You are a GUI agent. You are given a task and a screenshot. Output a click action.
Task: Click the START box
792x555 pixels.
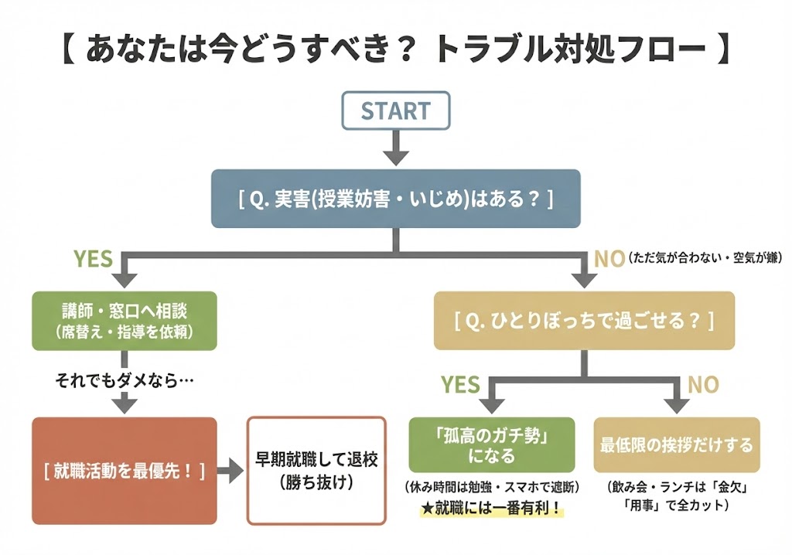pos(395,111)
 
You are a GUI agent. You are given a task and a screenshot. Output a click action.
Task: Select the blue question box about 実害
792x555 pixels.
pos(395,199)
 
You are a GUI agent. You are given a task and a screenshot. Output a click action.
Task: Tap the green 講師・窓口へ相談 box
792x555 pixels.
pos(124,320)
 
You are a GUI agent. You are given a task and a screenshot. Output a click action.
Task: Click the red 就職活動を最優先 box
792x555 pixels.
pos(124,471)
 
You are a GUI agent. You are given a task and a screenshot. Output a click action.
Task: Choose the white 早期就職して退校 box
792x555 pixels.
pos(316,471)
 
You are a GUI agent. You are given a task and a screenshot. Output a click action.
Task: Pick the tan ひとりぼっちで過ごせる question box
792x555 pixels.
pos(584,320)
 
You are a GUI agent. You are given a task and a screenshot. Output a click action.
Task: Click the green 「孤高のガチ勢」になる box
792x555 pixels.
pos(491,445)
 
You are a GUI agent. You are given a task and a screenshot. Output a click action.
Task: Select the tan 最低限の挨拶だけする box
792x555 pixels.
pos(677,445)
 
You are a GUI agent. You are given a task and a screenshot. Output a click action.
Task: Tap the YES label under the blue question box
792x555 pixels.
pos(93,259)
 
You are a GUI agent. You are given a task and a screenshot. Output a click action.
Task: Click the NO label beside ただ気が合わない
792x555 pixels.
pos(609,259)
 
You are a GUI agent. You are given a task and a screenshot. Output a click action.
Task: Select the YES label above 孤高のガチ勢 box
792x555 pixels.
pos(460,384)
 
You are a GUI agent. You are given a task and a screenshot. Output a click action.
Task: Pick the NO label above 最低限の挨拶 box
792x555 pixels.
pos(703,384)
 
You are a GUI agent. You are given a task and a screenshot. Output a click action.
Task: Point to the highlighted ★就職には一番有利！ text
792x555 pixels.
pos(491,509)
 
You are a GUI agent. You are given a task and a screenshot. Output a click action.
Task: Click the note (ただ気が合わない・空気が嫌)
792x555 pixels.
pos(705,258)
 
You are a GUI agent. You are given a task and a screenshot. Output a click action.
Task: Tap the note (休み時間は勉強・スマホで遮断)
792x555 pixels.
pos(491,488)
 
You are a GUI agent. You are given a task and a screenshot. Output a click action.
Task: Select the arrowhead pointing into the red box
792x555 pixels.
pos(124,406)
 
